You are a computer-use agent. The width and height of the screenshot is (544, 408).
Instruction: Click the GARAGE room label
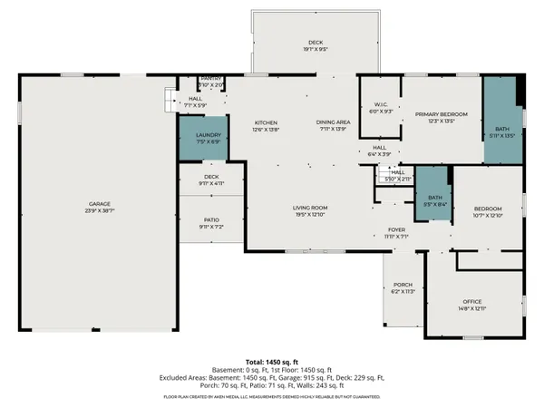coord(99,203)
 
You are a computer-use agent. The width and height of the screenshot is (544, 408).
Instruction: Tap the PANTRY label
coord(211,79)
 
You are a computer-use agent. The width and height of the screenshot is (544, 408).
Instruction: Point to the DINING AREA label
coord(333,121)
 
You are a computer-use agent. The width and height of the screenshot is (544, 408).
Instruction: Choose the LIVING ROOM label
coord(309,208)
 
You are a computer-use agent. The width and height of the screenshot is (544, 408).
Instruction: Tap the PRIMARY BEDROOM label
coord(441,114)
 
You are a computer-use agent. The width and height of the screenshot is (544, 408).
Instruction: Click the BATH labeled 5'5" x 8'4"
coord(434,198)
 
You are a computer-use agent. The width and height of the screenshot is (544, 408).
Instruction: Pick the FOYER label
coord(396,230)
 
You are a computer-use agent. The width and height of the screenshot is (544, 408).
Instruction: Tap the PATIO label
coord(211,219)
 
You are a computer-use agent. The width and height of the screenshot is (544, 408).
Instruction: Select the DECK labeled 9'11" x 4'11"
coord(211,177)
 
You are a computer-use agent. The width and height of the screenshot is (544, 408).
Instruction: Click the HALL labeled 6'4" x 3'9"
coord(379,148)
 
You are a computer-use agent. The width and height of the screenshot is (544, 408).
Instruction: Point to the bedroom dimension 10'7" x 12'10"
coord(487,215)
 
